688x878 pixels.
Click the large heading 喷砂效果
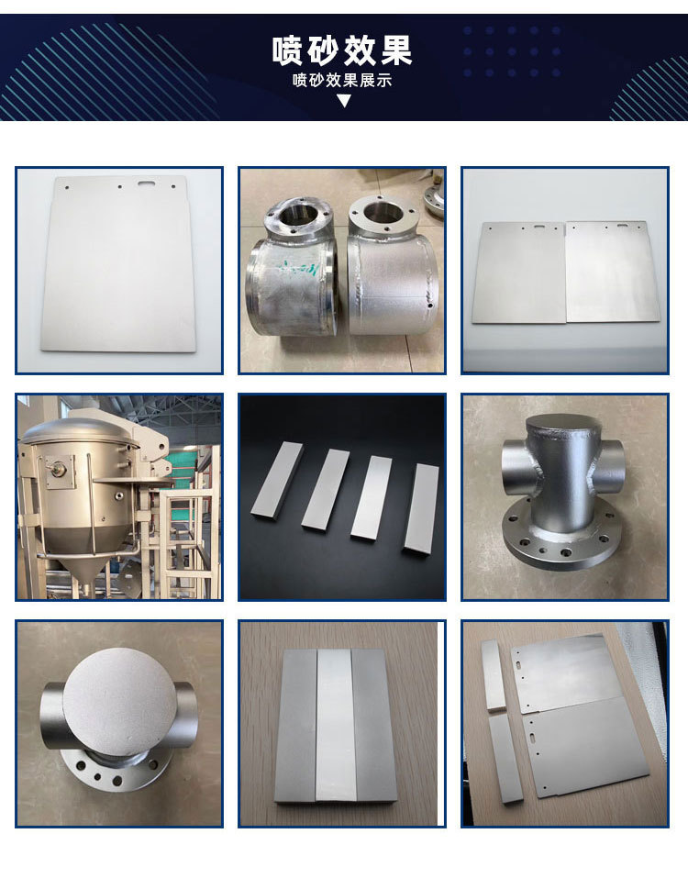342,50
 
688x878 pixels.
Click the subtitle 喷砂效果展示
342,80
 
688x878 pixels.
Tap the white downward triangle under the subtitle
344,101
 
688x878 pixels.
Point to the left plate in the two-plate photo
518,272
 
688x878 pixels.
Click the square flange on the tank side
59,469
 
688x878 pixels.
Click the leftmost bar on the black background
277,480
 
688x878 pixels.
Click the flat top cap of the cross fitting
561,428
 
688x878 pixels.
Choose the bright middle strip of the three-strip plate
335,726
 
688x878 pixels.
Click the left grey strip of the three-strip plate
296,726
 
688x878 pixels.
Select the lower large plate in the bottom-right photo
584,747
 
